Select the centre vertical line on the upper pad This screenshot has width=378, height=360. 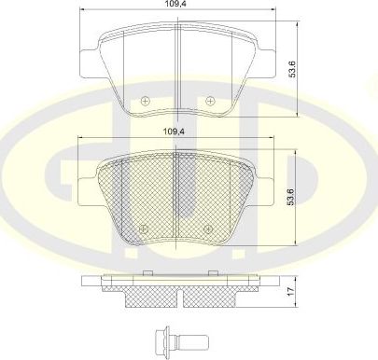click(177, 70)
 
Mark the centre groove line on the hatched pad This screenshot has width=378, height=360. click(177, 196)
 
